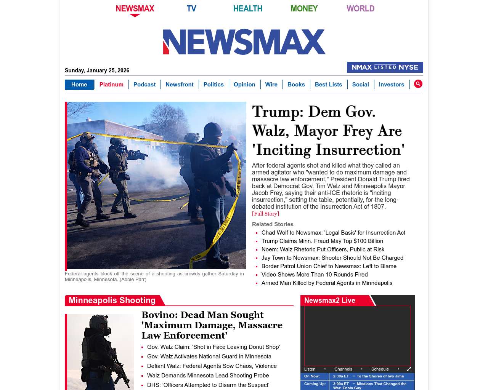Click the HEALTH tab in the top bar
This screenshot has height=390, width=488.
pyautogui.click(x=247, y=8)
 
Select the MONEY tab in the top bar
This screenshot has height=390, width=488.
pyautogui.click(x=304, y=8)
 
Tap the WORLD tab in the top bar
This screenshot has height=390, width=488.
pyautogui.click(x=360, y=8)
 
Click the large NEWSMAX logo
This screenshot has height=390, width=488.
pyautogui.click(x=244, y=42)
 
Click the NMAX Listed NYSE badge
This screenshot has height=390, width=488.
pyautogui.click(x=385, y=67)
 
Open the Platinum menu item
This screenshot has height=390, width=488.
pyautogui.click(x=111, y=85)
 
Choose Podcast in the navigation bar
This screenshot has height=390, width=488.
pyautogui.click(x=144, y=85)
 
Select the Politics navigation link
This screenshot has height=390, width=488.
pyautogui.click(x=213, y=85)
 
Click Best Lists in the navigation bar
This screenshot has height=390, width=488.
pyautogui.click(x=328, y=85)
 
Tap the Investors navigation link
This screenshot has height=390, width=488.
pyautogui.click(x=391, y=85)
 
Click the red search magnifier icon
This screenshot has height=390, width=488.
pyautogui.click(x=418, y=84)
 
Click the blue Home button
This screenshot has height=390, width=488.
pyautogui.click(x=79, y=85)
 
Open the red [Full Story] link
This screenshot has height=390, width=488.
pyautogui.click(x=265, y=214)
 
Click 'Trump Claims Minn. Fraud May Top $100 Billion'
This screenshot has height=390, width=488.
pyautogui.click(x=322, y=241)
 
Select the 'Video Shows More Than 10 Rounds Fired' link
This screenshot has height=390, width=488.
pyautogui.click(x=315, y=275)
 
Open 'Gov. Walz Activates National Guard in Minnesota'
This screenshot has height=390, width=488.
pyautogui.click(x=209, y=356)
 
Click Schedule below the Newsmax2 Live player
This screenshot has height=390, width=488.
pyautogui.click(x=380, y=369)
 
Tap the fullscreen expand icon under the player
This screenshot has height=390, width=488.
pyautogui.click(x=409, y=369)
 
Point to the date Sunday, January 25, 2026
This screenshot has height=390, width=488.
pyautogui.click(x=97, y=70)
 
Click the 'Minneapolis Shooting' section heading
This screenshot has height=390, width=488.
pyautogui.click(x=112, y=300)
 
